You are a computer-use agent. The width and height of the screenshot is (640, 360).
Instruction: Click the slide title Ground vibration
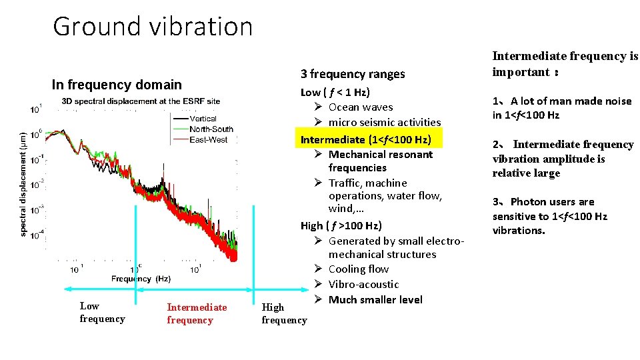point(153,27)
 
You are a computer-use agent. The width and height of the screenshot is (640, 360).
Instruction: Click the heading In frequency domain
point(117,85)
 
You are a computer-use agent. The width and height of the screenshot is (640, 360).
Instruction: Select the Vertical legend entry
point(203,119)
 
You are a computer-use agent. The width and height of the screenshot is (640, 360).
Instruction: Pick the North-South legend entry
point(211,129)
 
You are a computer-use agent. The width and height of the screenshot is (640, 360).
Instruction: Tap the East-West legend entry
point(208,139)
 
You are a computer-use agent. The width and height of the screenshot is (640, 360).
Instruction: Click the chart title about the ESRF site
point(141,101)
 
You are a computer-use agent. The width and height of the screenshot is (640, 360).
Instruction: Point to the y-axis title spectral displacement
point(24,182)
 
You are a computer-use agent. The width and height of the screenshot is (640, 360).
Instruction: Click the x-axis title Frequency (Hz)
point(141,279)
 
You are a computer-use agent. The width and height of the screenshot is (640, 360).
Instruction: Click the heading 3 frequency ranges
point(353,74)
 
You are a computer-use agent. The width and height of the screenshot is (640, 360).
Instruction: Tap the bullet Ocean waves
point(361,107)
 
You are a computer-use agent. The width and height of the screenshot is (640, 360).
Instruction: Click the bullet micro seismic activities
point(385,122)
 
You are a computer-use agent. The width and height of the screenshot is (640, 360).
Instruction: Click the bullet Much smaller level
point(375,300)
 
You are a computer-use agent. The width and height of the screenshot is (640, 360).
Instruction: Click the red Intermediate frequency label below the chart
point(197,313)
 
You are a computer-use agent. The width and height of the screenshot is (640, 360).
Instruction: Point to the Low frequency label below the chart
point(102,313)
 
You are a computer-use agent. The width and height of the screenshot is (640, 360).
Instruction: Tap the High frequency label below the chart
point(284,313)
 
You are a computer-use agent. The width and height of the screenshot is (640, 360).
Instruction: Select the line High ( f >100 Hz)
point(341,226)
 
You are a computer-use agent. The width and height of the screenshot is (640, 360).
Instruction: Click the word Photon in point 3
point(527,202)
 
